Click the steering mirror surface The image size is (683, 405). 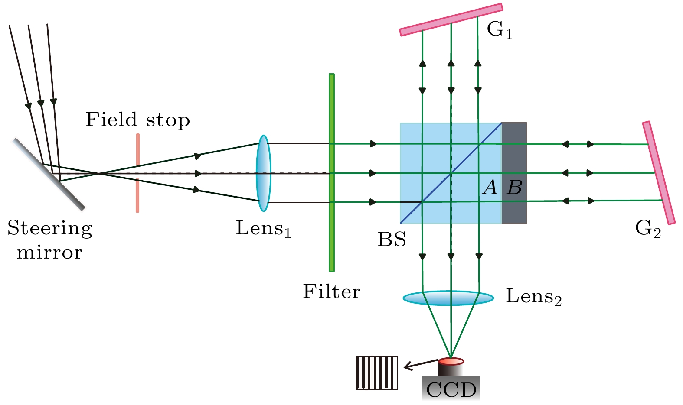49,174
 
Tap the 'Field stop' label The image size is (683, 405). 137,120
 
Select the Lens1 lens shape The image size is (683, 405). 263,173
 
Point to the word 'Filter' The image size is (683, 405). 331,292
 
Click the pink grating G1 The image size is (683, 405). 451,19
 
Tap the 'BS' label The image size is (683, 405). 392,240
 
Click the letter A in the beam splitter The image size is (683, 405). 490,188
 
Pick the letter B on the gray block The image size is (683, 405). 515,188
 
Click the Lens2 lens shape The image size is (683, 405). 448,298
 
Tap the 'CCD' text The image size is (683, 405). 451,390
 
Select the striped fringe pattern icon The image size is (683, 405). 376,373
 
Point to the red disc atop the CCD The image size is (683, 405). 451,361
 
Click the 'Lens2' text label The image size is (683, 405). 533,297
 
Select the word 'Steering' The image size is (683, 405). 50,229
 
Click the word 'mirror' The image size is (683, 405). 49,253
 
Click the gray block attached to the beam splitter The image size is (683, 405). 514,152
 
